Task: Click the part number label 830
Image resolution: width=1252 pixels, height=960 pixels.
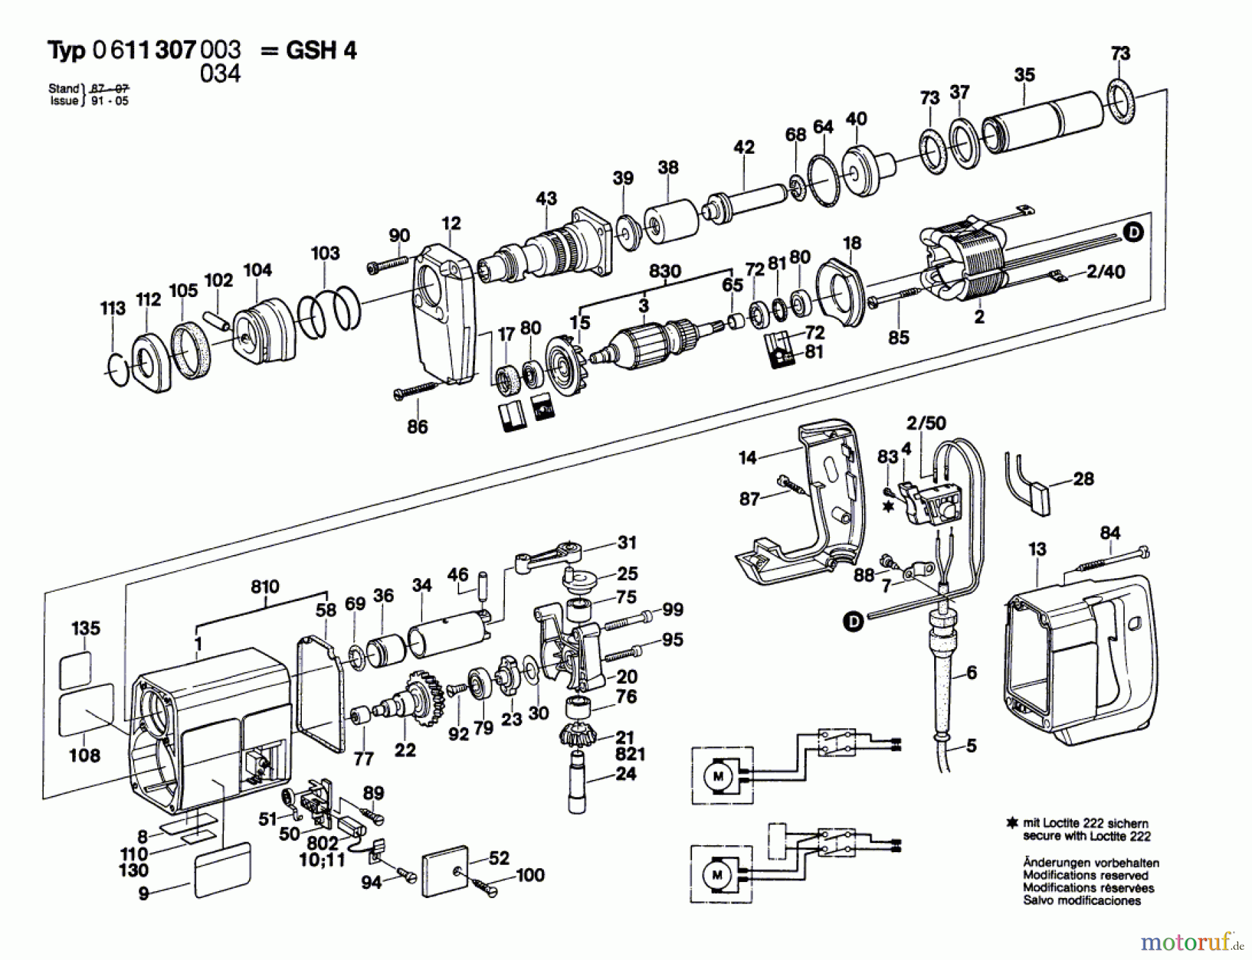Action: (x=664, y=271)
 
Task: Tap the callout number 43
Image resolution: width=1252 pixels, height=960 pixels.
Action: (x=546, y=199)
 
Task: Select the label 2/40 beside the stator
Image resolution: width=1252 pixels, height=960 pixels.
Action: (x=1105, y=272)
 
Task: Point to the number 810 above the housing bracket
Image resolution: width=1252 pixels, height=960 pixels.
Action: (x=265, y=587)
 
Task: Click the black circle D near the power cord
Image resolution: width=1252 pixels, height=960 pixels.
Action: (x=853, y=621)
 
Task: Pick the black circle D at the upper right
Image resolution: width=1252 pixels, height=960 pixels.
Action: (x=1134, y=232)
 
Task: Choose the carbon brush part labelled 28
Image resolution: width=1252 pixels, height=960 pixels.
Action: (x=1029, y=484)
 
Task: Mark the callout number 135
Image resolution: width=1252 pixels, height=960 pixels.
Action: (x=86, y=628)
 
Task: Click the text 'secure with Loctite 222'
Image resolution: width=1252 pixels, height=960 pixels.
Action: (x=1086, y=836)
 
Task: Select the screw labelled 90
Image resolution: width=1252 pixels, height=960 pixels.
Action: (x=387, y=264)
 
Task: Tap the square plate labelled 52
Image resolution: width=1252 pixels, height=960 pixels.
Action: (x=446, y=871)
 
